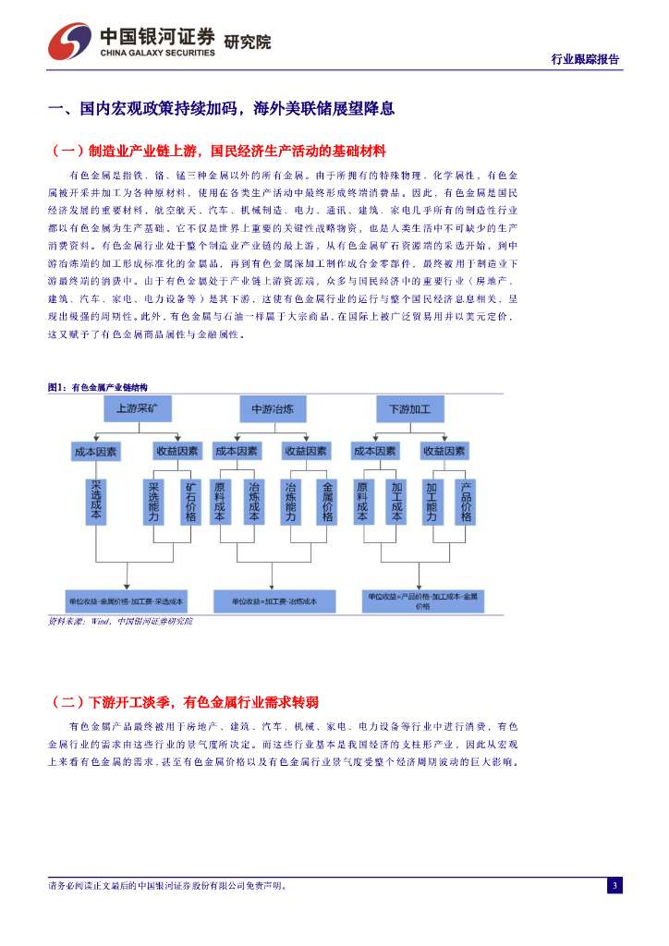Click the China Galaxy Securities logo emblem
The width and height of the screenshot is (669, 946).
70,41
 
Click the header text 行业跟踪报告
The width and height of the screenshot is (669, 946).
585,59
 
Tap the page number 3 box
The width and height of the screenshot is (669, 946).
614,885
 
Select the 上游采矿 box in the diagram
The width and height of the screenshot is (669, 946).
137,408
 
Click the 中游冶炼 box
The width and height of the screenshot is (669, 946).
273,408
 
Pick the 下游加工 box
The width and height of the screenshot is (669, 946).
410,408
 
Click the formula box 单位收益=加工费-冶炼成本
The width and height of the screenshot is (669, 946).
273,600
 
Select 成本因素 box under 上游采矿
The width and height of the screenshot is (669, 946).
96,452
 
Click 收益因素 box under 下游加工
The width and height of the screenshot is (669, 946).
444,452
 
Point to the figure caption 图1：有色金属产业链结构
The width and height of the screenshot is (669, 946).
97,387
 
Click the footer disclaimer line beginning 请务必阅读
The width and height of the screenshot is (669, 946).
166,885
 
